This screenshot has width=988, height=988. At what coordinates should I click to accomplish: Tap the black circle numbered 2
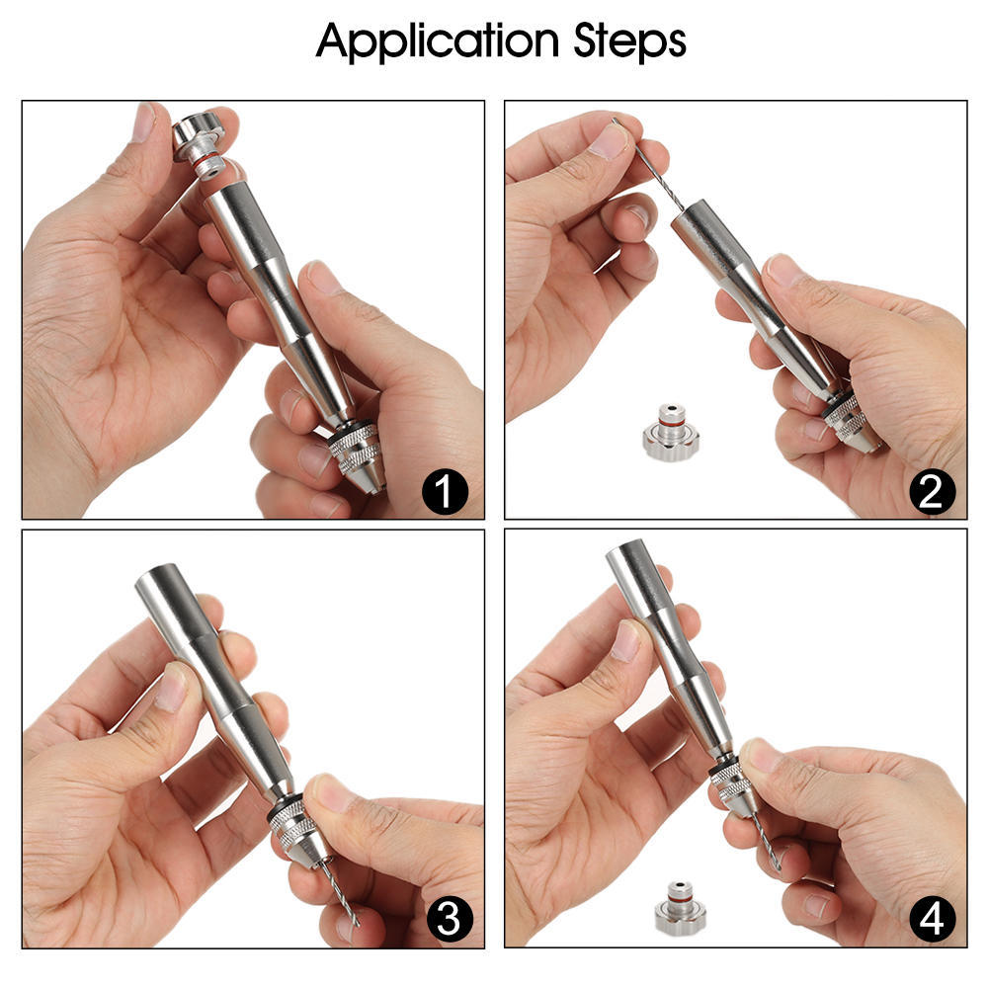tap(930, 491)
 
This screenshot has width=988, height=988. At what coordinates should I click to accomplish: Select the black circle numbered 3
tap(448, 921)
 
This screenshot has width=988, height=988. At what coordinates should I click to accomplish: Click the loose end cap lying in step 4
tap(681, 905)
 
